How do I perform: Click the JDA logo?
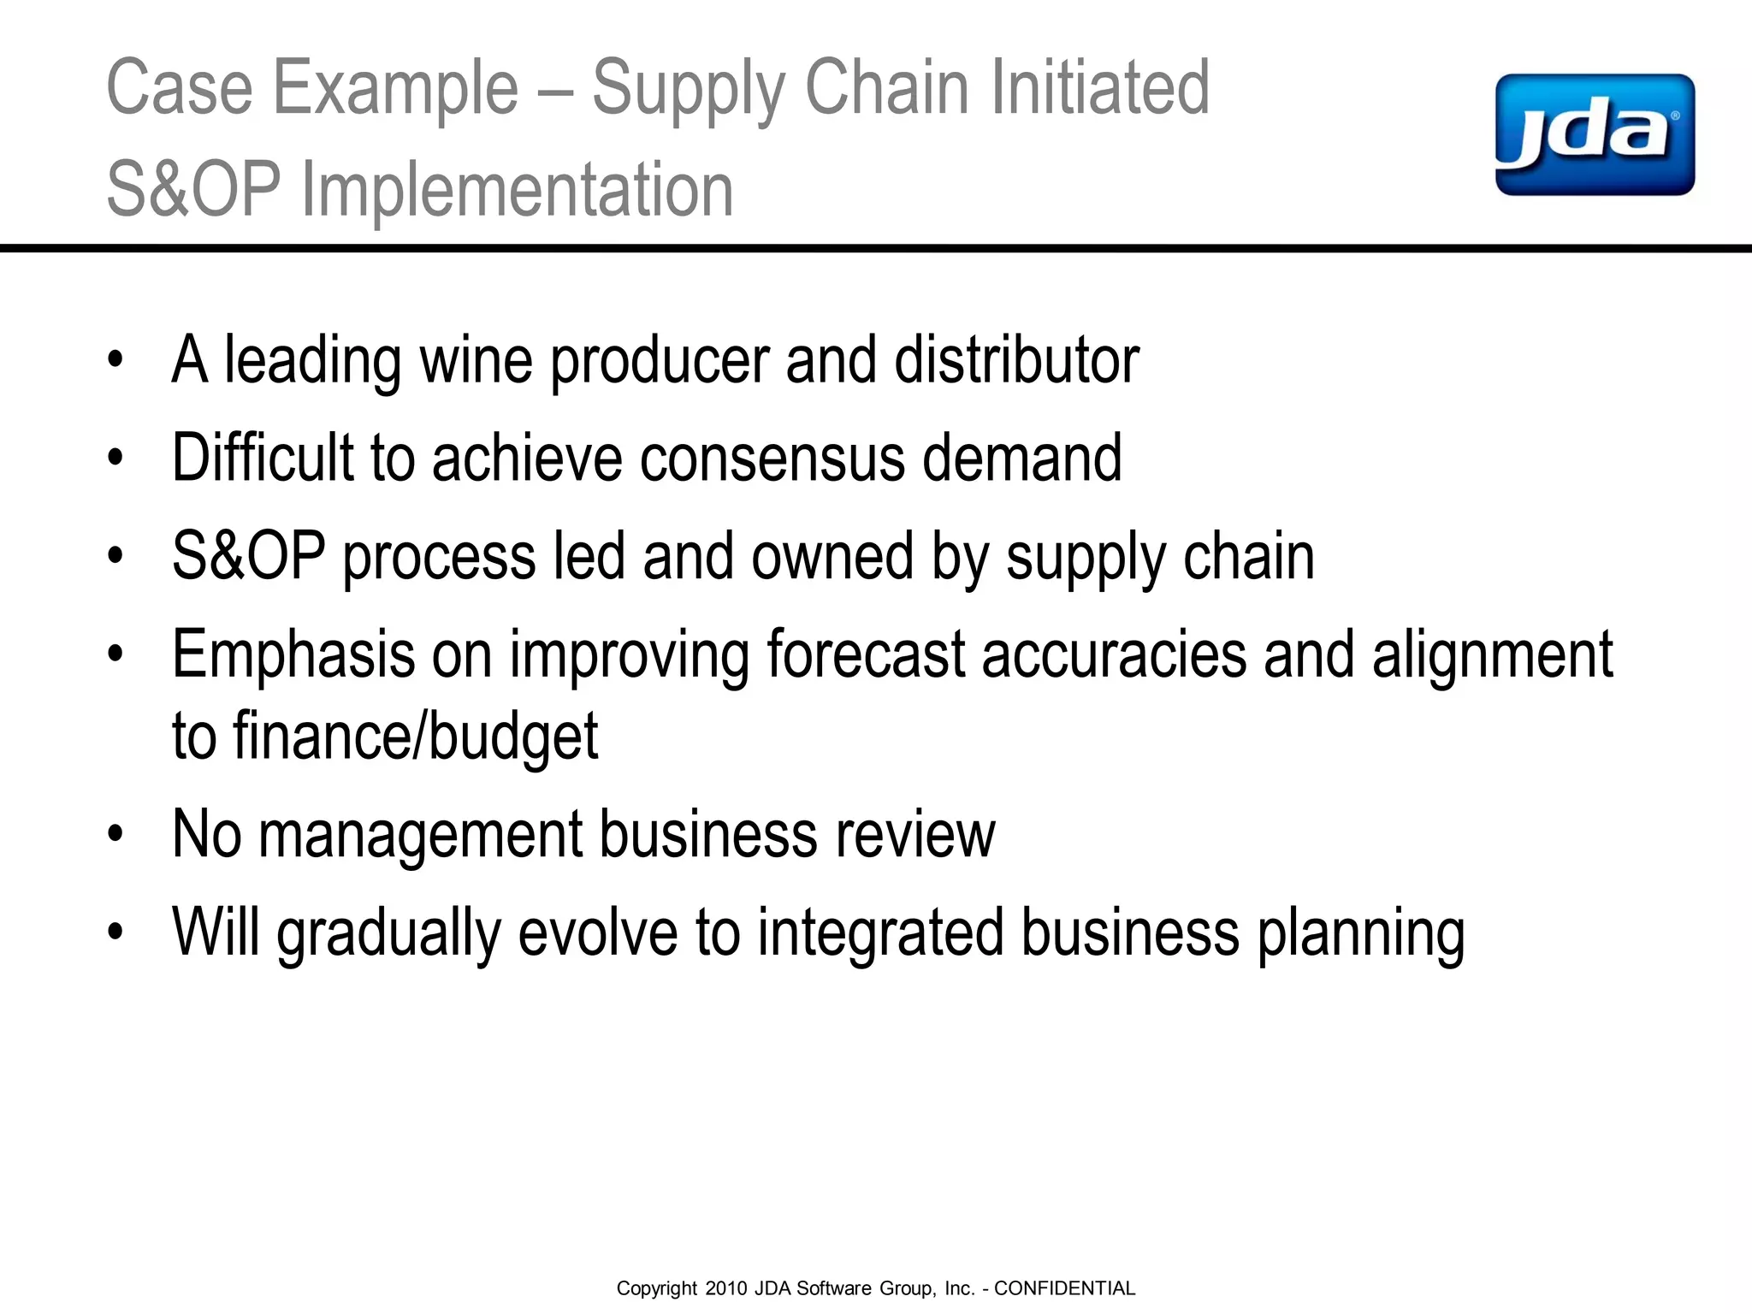pyautogui.click(x=1595, y=134)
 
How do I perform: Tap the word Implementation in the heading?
pyautogui.click(x=518, y=189)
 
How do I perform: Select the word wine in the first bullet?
pyautogui.click(x=476, y=360)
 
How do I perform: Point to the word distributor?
pyautogui.click(x=1016, y=360)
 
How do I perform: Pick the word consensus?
pyautogui.click(x=772, y=459)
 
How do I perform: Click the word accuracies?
pyautogui.click(x=1114, y=655)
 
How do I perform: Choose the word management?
pyautogui.click(x=420, y=835)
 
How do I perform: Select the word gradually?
pyautogui.click(x=388, y=933)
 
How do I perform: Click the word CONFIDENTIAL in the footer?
pyautogui.click(x=1064, y=1288)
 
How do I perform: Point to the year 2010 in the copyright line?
pyautogui.click(x=726, y=1288)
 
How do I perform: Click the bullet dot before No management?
pyautogui.click(x=115, y=834)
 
